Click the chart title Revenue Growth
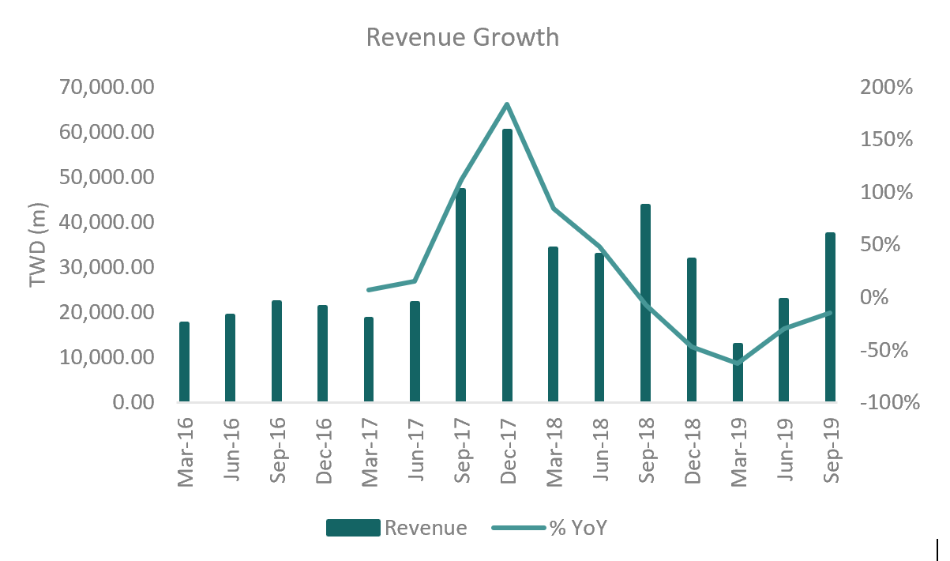(x=463, y=37)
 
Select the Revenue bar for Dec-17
(x=507, y=265)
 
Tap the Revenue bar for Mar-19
(x=738, y=372)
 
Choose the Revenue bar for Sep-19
(x=830, y=317)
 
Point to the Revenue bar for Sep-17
(x=460, y=295)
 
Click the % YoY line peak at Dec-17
(x=507, y=104)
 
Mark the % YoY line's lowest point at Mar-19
(x=738, y=363)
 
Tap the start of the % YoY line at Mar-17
(x=369, y=290)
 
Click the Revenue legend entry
(x=396, y=528)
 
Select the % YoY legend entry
(x=550, y=528)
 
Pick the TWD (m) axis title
(x=38, y=245)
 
